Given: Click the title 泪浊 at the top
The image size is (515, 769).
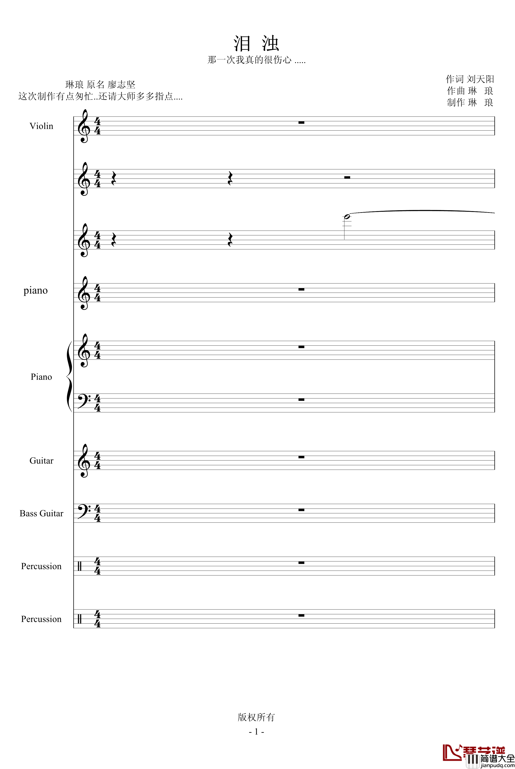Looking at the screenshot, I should pos(256,43).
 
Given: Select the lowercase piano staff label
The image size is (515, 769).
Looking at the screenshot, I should pos(36,290).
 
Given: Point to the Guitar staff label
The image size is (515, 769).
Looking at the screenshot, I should pos(41,461).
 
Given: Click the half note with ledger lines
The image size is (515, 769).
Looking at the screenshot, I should pos(347,217).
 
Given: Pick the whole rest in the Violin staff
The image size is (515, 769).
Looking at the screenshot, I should pos(301,123).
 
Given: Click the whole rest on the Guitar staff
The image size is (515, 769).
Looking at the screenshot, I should pos(301,457).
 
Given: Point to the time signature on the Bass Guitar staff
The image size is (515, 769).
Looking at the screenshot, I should pos(97,513).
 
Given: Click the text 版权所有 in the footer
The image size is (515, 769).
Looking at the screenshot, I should pos(256,717).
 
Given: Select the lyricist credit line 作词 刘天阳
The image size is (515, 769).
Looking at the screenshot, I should pos(470,79).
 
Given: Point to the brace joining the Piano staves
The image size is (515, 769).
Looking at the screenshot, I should pos(69,376).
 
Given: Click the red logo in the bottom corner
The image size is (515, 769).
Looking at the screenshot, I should pos(453,752).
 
